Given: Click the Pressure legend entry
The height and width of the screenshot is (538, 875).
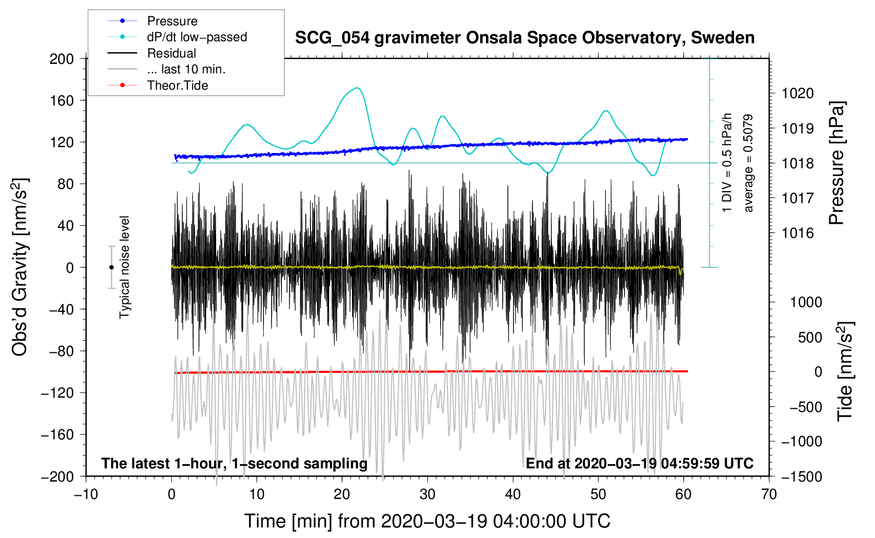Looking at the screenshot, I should coord(172,21).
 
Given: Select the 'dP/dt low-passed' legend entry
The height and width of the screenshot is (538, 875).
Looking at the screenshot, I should coord(197,37).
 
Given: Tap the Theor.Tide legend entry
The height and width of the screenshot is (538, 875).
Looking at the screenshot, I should coord(177,85).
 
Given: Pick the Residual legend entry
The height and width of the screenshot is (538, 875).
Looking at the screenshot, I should coord(171,53).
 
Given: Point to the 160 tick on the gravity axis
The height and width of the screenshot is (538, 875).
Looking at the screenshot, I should coord(62,100).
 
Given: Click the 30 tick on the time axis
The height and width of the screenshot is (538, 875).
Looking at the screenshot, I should coord(427,494).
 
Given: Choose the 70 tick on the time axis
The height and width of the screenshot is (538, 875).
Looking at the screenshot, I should coord(769,494).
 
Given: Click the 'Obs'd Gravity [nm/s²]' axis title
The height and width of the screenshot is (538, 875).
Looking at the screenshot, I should coord(20,267).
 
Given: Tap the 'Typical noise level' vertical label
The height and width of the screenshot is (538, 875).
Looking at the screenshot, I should coord(124,267).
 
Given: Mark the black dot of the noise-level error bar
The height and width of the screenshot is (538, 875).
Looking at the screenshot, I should coord(111,267).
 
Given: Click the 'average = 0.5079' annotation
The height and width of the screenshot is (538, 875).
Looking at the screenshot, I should coord(748,164).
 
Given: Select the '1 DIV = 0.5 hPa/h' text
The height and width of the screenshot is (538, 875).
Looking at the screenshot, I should coord(727,162).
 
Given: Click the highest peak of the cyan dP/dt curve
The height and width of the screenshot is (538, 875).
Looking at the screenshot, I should coord(357,88).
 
